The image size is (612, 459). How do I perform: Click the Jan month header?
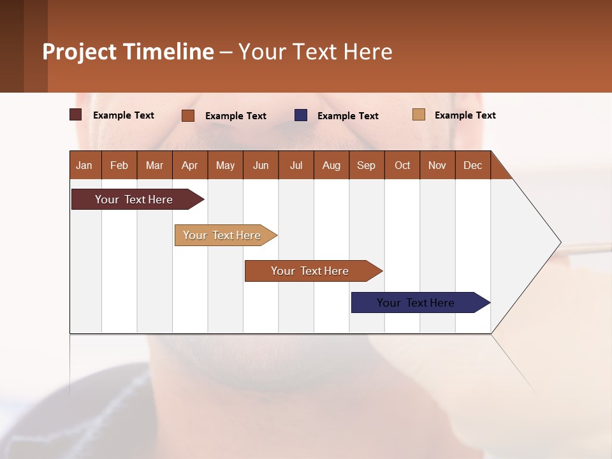[x=85, y=165]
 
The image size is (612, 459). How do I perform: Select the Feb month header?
[x=119, y=165]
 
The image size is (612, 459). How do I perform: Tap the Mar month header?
[x=154, y=165]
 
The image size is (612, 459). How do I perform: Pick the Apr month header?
[x=189, y=165]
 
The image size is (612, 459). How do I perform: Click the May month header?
[x=225, y=165]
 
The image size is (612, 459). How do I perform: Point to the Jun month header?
[x=261, y=165]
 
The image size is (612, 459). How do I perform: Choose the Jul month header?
[x=296, y=165]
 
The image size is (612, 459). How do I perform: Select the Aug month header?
[x=331, y=165]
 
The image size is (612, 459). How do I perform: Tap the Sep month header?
[x=366, y=165]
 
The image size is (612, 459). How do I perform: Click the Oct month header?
[x=402, y=165]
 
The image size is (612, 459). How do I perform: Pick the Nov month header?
[x=437, y=165]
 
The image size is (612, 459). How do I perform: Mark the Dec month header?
[x=472, y=165]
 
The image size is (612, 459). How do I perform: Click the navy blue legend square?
[x=301, y=115]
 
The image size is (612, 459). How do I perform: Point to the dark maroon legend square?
[x=76, y=115]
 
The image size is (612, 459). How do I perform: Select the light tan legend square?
[x=419, y=115]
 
